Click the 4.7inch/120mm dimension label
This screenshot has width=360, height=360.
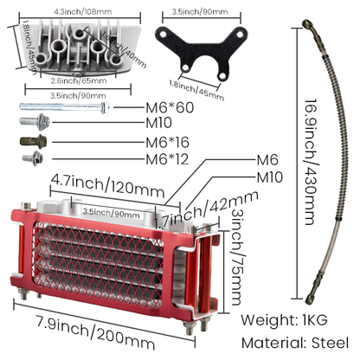[94, 183]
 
